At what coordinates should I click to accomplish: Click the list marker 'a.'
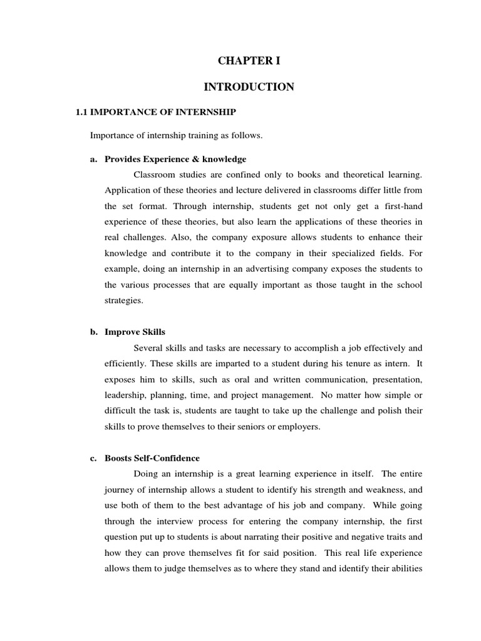pos(94,159)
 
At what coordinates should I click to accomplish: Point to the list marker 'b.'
pos(94,332)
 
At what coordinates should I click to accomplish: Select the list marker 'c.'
pos(94,458)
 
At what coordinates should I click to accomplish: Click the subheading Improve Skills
pos(135,332)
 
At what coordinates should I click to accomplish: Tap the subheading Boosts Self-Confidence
pos(152,458)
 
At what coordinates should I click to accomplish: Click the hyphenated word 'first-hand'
pos(402,205)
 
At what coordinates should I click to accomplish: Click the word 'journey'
pos(119,490)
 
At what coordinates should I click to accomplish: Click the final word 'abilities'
pos(405,569)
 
